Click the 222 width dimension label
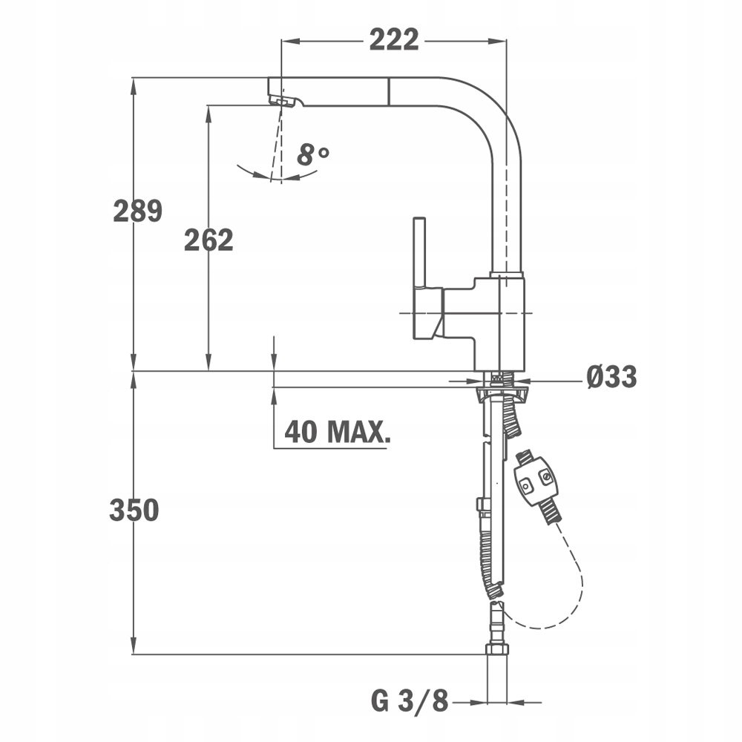(394, 40)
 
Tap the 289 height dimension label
(138, 211)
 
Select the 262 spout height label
(209, 240)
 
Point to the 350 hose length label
(134, 510)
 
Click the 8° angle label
(312, 154)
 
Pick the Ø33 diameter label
(611, 377)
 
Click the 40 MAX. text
(338, 431)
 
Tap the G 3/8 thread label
(410, 701)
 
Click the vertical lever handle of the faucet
(419, 252)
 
